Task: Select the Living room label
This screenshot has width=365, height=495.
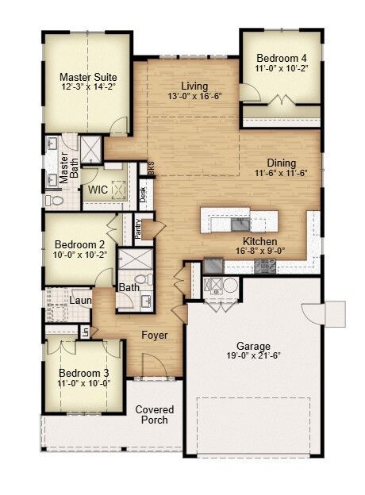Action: [x=194, y=86]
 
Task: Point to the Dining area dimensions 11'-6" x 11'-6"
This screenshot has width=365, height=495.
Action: [x=281, y=173]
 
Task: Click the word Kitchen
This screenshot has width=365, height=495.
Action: [x=259, y=241]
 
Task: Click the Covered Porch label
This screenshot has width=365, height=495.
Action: [x=154, y=415]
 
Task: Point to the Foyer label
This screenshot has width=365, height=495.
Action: [x=155, y=336]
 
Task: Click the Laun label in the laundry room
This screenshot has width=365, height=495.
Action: [x=80, y=301]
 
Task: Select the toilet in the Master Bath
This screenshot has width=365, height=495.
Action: [x=56, y=201]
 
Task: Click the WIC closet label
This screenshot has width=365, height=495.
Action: [x=98, y=190]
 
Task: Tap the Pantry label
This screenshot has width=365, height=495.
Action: [x=138, y=228]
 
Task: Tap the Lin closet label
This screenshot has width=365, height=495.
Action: [x=85, y=332]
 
